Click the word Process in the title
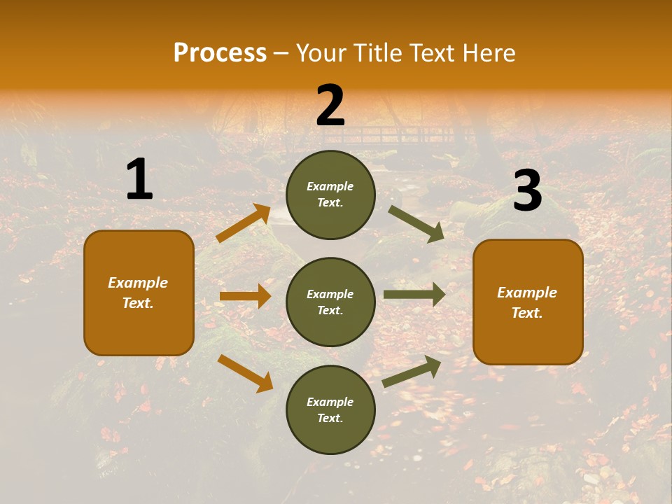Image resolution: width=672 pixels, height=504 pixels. [x=220, y=52]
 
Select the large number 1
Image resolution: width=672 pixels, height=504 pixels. [x=139, y=180]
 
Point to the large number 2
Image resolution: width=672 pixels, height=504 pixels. [x=330, y=106]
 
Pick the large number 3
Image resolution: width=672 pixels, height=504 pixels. [x=527, y=191]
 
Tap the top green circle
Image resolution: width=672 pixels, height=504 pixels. [x=330, y=195]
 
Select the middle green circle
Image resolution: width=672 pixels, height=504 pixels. [x=330, y=302]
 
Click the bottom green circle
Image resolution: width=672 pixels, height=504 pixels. [x=330, y=409]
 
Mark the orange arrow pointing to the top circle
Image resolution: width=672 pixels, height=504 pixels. [x=244, y=223]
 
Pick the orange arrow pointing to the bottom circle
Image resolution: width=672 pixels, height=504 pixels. [x=245, y=373]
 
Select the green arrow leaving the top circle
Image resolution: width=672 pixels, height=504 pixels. [x=416, y=223]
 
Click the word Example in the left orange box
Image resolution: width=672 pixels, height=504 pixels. [x=138, y=283]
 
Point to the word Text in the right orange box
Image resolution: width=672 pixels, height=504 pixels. [x=526, y=313]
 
